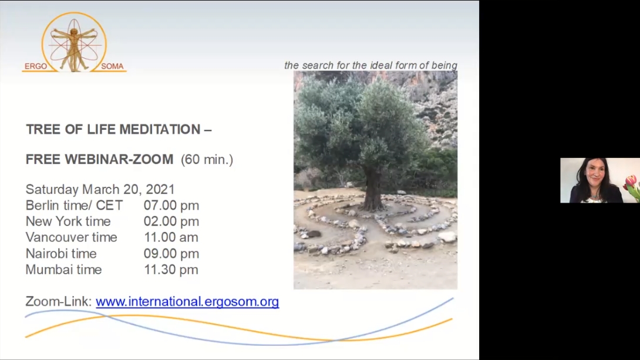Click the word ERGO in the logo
tap(35, 66)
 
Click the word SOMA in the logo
tap(112, 66)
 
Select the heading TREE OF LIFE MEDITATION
tap(114, 129)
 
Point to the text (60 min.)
tap(207, 159)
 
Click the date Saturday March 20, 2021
tap(100, 189)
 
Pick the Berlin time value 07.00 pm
tap(171, 206)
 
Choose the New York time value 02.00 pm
tap(171, 221)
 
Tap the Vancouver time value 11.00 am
tap(171, 237)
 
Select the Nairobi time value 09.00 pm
tap(171, 254)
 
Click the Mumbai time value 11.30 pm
tap(171, 270)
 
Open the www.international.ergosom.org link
tap(187, 302)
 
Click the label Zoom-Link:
tap(59, 301)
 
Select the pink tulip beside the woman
tap(630, 182)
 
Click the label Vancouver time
tap(72, 237)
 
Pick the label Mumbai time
tap(63, 270)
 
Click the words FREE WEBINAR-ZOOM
tap(100, 159)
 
